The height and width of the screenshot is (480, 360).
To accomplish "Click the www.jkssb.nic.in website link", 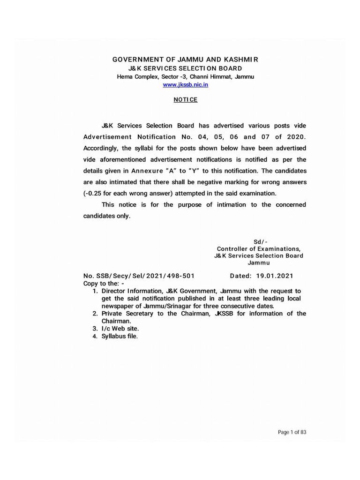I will coord(185,84).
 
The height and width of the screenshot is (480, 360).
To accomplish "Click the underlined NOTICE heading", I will coord(186,100).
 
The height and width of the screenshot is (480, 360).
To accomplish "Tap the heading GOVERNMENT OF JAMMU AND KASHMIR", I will coord(185,60).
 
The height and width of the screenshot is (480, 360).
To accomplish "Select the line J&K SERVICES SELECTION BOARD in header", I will coord(185,68).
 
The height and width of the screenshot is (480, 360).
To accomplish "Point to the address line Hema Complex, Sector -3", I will coord(185,76).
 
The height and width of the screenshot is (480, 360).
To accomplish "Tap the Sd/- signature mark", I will coord(261,241).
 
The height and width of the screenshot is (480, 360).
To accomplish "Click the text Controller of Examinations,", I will coord(258,248).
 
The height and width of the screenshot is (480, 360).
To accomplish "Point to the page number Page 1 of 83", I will coord(292,432).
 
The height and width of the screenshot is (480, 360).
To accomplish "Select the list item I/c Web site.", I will coord(120,329).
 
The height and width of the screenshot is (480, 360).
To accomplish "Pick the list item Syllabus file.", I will coord(120,337).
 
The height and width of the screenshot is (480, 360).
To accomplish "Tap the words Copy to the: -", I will coord(104,284).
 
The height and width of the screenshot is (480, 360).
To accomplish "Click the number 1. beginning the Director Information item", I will coord(95,291).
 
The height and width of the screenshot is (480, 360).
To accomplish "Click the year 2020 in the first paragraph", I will coord(295,137).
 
